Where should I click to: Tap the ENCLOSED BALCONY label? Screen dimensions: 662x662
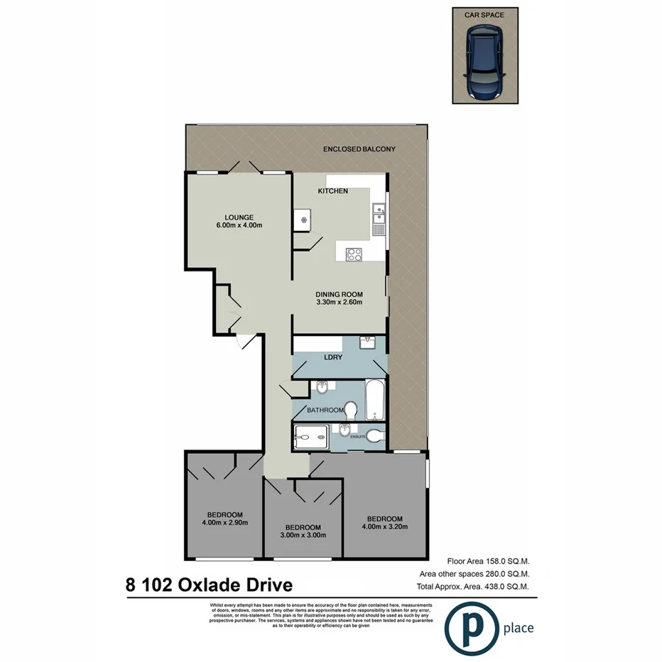(x=359, y=149)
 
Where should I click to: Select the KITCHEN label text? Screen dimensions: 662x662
(x=332, y=191)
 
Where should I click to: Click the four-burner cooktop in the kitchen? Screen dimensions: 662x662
(x=353, y=254)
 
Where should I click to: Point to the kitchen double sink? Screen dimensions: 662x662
(x=379, y=215)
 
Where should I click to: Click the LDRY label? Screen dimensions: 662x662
(x=332, y=357)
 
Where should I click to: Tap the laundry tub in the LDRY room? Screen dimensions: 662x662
(x=369, y=343)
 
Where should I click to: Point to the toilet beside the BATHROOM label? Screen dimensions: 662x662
(x=349, y=410)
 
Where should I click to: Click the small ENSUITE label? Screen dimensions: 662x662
(x=357, y=436)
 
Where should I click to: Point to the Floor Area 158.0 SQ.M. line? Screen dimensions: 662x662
(x=488, y=560)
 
